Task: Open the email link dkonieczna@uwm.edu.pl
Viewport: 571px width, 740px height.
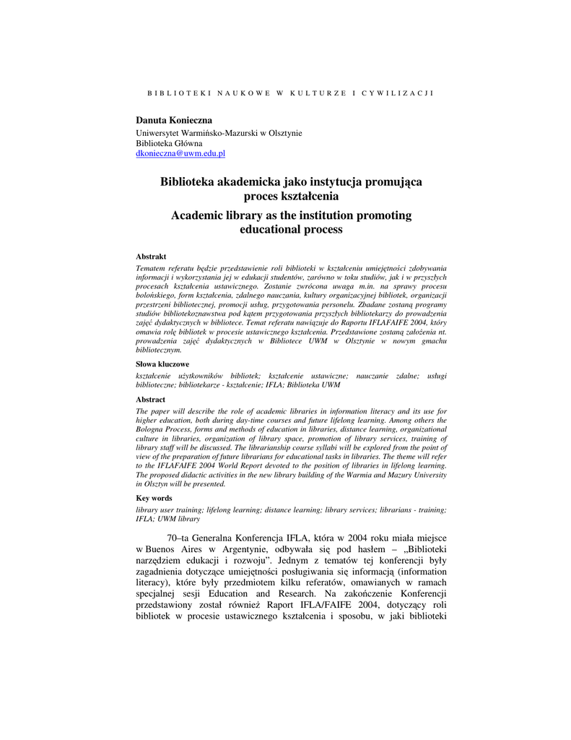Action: pyautogui.click(x=181, y=153)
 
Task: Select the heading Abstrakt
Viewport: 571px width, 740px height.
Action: pyautogui.click(x=151, y=257)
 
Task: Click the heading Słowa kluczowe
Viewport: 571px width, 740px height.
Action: pyautogui.click(x=162, y=364)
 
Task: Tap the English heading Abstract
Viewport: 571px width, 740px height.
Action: pyautogui.click(x=150, y=400)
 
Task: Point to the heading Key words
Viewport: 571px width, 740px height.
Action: pyautogui.click(x=154, y=498)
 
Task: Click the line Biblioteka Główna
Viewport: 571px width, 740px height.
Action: pyautogui.click(x=170, y=143)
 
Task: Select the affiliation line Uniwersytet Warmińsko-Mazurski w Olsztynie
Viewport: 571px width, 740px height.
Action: pyautogui.click(x=219, y=133)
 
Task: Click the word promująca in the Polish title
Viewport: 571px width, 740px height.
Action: pyautogui.click(x=388, y=182)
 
